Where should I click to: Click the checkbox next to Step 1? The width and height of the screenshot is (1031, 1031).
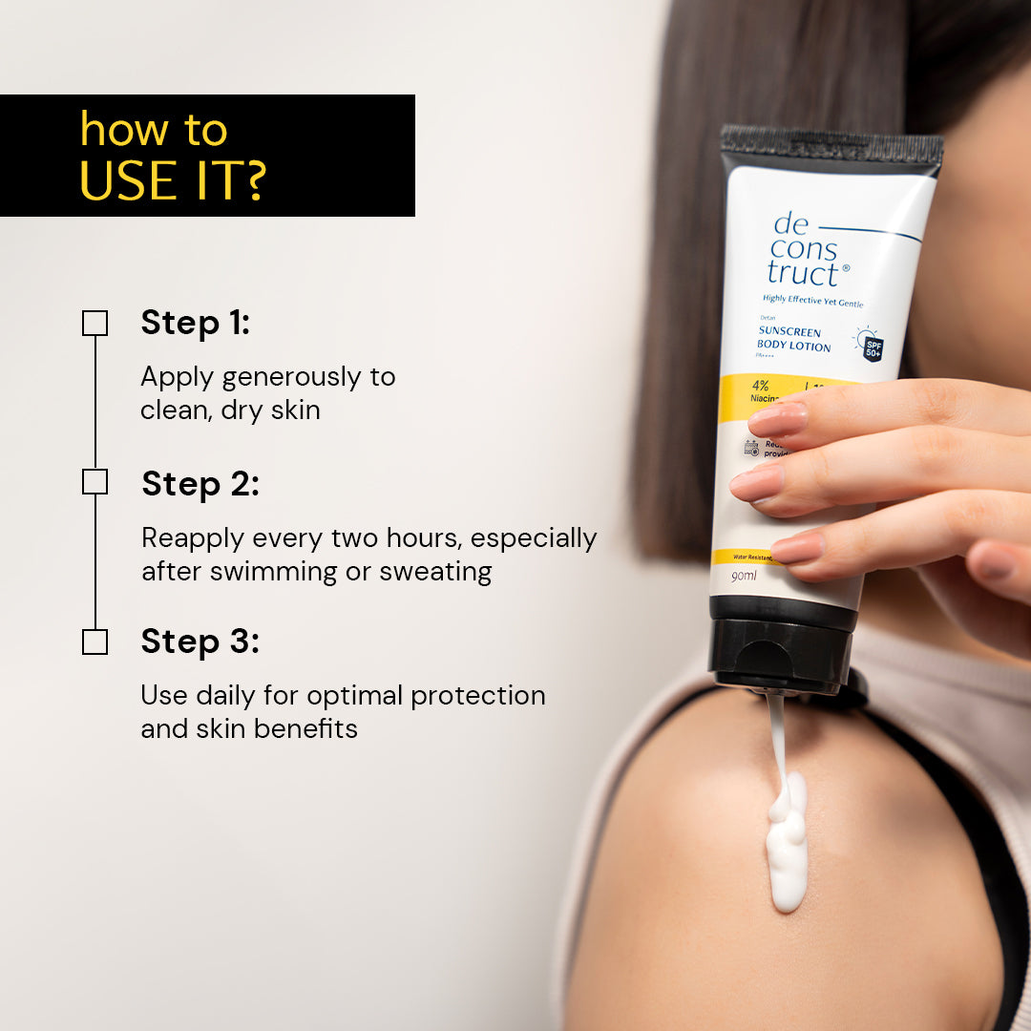point(95,323)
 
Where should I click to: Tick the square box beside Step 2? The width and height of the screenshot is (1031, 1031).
point(95,482)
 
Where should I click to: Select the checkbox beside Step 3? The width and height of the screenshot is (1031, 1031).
point(95,642)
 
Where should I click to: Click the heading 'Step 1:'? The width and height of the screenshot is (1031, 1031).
point(195,323)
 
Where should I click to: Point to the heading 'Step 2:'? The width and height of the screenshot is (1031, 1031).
point(200,484)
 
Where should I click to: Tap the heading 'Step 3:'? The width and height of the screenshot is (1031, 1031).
point(200,642)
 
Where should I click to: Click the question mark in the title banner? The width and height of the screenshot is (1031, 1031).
point(251,179)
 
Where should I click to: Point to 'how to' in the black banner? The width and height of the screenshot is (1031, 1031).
point(154,130)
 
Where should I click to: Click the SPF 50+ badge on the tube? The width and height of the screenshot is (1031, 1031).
point(873,348)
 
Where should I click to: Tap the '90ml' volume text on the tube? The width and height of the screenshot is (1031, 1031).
point(745,577)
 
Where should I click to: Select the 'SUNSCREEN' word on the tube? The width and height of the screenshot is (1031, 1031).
point(789,331)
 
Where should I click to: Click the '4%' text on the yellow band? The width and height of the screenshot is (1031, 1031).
point(760,387)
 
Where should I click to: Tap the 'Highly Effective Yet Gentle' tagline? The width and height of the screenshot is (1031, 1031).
point(812,303)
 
